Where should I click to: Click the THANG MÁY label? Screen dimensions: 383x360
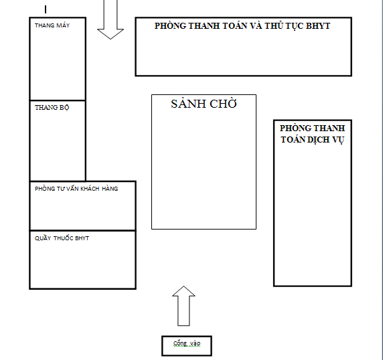click(x=52, y=25)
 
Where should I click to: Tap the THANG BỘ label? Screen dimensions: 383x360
click(x=52, y=107)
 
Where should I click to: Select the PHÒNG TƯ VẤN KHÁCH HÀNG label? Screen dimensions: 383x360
click(x=76, y=189)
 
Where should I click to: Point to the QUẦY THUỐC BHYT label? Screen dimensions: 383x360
click(x=62, y=238)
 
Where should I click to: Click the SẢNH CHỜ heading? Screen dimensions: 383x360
click(x=204, y=104)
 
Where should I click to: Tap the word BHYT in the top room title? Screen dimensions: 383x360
click(x=318, y=26)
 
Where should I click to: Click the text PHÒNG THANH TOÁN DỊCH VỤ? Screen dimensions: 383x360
click(x=313, y=134)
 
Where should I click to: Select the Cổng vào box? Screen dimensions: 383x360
click(x=187, y=346)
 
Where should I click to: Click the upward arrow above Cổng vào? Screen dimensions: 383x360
click(x=183, y=306)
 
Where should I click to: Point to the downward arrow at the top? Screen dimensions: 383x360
click(x=110, y=19)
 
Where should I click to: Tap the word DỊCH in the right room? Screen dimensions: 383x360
click(x=318, y=140)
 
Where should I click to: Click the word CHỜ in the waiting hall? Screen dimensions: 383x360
click(x=223, y=104)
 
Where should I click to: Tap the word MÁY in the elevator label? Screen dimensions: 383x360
click(x=63, y=25)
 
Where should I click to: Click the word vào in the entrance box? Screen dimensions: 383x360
click(x=196, y=344)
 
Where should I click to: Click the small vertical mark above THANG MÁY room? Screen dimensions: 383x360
click(x=46, y=9)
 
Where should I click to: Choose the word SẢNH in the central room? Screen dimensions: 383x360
click(x=188, y=104)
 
